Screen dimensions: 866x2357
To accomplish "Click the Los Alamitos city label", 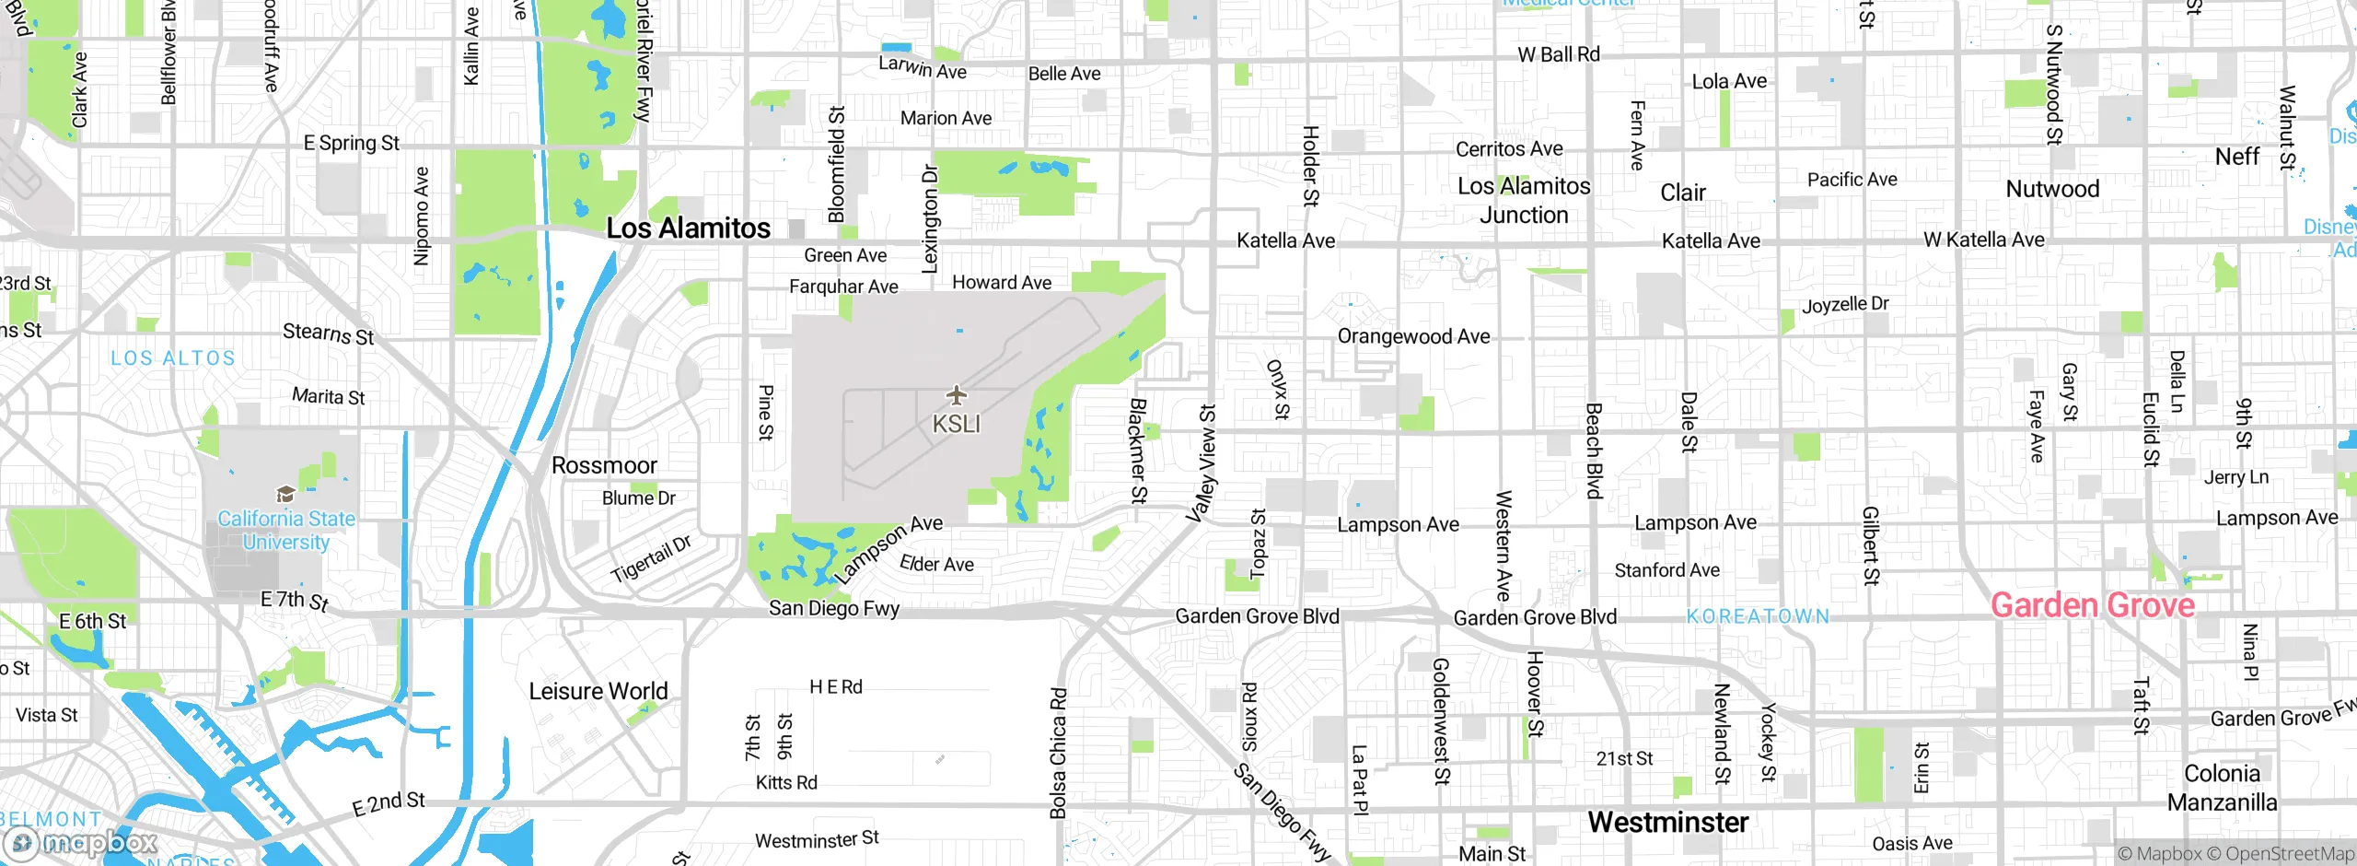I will (x=688, y=228).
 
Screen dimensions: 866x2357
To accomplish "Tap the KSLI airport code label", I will (x=957, y=424).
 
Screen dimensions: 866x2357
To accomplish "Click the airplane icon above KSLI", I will (x=957, y=395).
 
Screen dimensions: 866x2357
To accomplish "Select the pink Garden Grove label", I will (x=2092, y=605).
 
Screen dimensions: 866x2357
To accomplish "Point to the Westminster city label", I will (x=1667, y=822).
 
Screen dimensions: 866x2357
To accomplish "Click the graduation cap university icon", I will (x=285, y=495).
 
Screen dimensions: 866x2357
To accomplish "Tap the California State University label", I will (x=286, y=531).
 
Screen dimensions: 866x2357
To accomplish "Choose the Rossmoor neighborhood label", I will (x=604, y=465).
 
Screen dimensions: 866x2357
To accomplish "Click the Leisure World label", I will (x=598, y=691).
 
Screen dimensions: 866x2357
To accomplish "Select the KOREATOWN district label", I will (x=1758, y=616).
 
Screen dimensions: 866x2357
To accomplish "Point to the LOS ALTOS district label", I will (x=173, y=358).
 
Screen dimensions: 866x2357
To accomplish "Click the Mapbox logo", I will (x=83, y=842).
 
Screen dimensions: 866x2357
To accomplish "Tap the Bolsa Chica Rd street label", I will (x=1059, y=753).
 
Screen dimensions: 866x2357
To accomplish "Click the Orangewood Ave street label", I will (x=1413, y=336).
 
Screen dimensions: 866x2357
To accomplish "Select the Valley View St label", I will (x=1203, y=463).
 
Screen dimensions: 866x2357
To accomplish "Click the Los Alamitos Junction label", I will (x=1524, y=200).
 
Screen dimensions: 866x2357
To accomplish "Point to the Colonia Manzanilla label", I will (x=2222, y=788).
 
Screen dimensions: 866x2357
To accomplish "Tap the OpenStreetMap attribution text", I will (x=2289, y=854).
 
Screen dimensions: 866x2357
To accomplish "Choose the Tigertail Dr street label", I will (x=651, y=558).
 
